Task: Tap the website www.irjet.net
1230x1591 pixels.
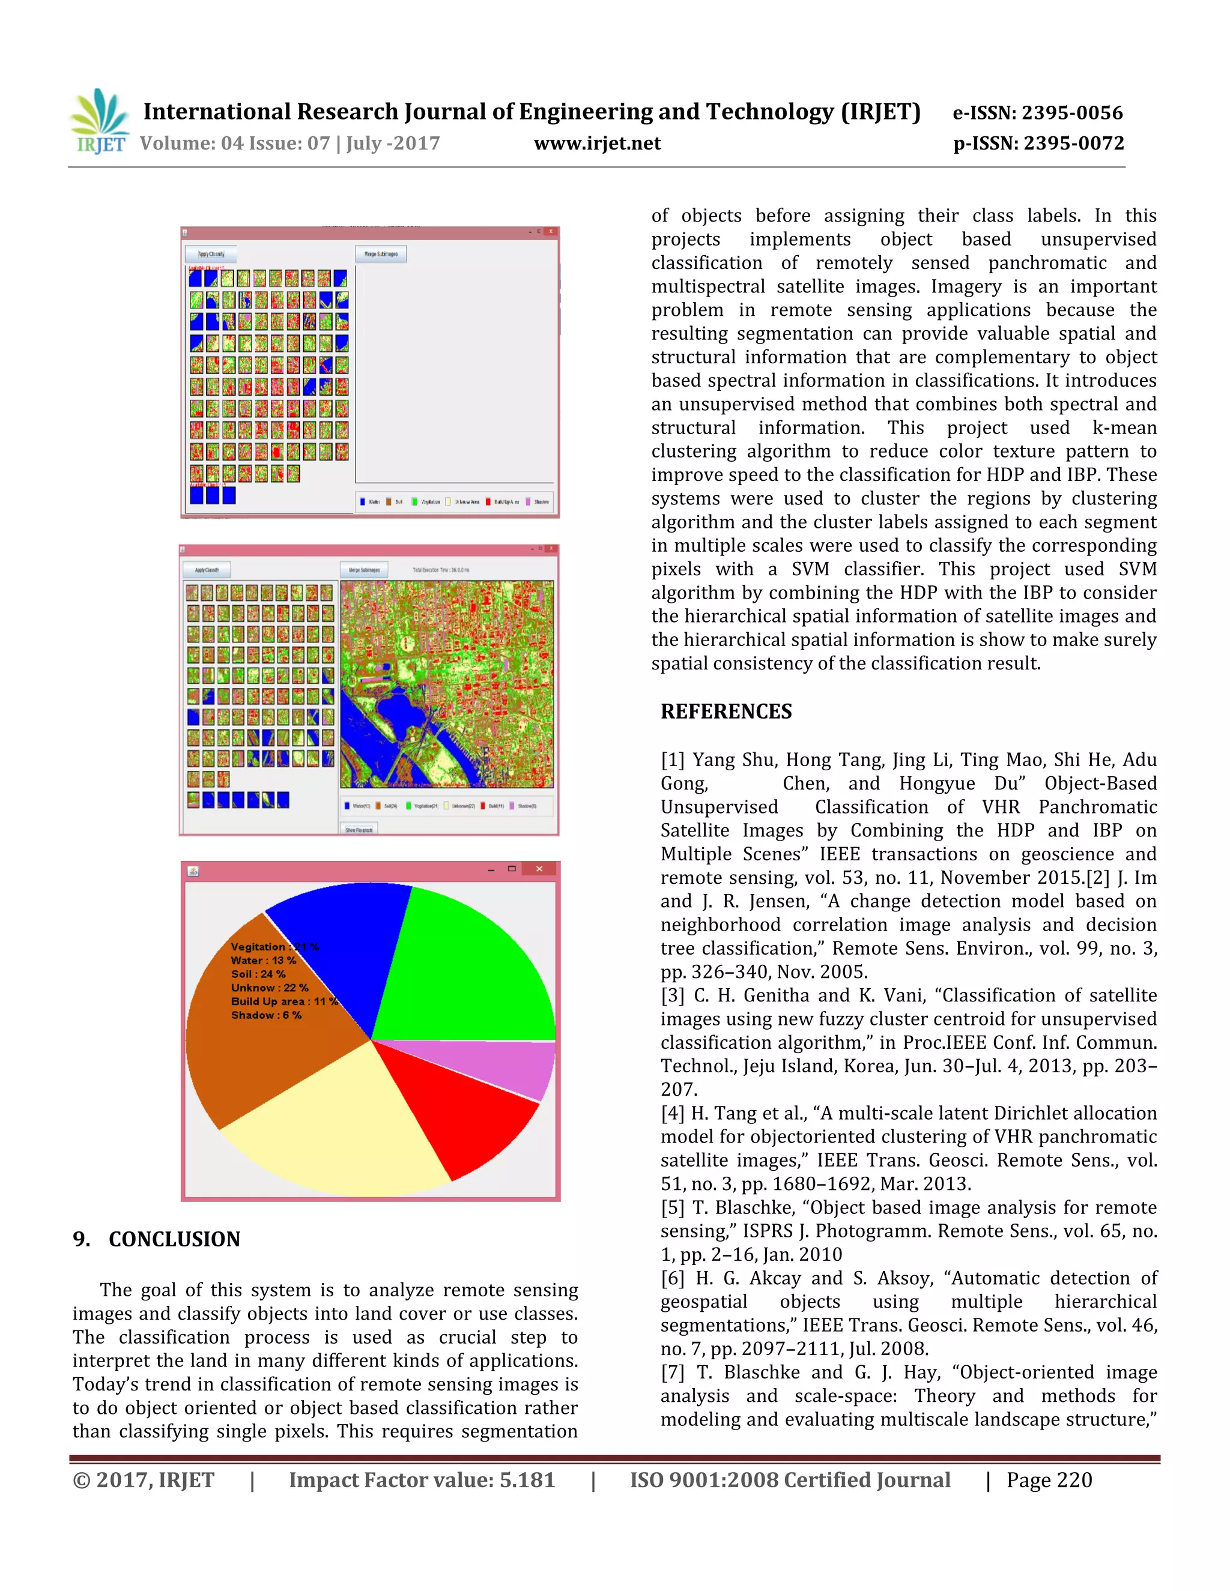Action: click(597, 143)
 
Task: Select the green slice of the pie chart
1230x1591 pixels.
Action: click(466, 962)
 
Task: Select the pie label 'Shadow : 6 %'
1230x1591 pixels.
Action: click(266, 1015)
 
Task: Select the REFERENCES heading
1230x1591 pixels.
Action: click(726, 711)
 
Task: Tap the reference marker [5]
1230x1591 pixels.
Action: click(672, 1208)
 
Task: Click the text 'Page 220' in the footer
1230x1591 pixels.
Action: click(1049, 1481)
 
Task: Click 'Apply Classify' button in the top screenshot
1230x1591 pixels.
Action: click(211, 254)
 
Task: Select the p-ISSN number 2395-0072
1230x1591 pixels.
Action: click(1073, 143)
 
